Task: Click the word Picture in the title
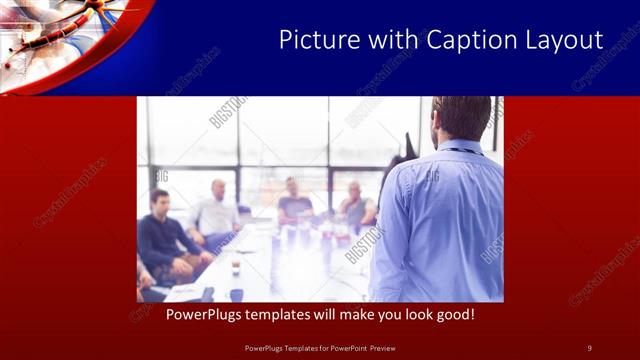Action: pyautogui.click(x=313, y=41)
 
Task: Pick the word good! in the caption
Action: pyautogui.click(x=451, y=315)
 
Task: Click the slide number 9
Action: pyautogui.click(x=590, y=347)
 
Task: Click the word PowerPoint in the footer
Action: pyautogui.click(x=345, y=347)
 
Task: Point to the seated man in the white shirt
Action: pyautogui.click(x=216, y=212)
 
